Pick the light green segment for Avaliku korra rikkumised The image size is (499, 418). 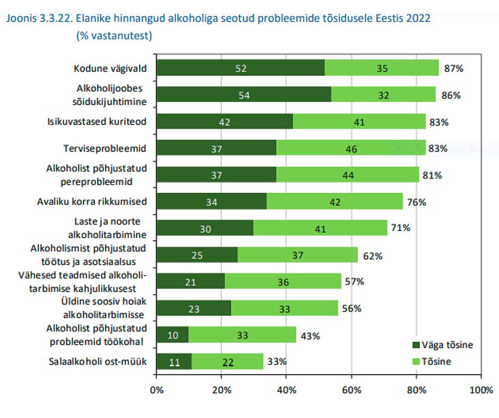click(x=334, y=202)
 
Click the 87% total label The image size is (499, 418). click(x=454, y=68)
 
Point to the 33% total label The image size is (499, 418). click(x=277, y=362)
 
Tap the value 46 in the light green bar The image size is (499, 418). click(x=351, y=149)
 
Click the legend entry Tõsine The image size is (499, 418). click(x=435, y=362)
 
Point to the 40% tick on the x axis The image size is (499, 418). click(x=286, y=390)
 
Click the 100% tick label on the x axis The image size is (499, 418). click(x=481, y=390)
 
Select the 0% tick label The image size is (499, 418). click(x=157, y=390)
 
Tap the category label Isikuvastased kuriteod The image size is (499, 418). click(x=97, y=121)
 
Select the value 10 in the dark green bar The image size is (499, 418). click(x=173, y=335)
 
